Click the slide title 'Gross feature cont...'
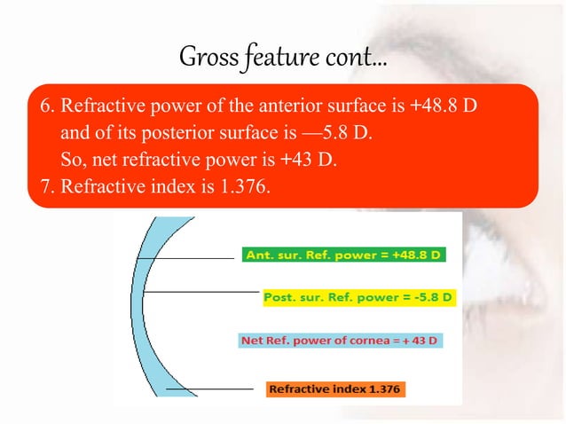coord(283,58)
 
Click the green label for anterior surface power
coord(344,255)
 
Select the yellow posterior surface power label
coord(358,295)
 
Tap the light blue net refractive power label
coord(342,340)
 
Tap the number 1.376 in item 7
coord(240,186)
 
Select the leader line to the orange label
coord(208,389)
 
